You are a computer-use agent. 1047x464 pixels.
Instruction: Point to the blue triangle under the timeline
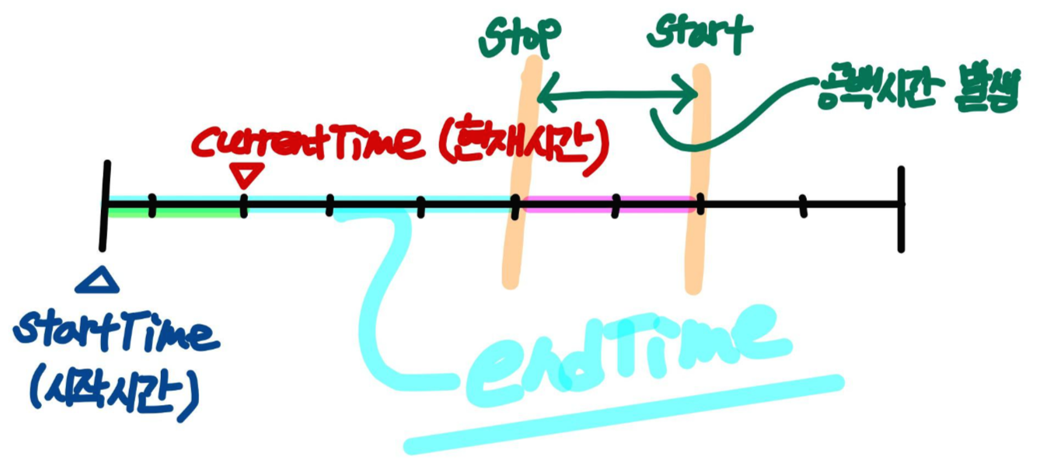(97, 281)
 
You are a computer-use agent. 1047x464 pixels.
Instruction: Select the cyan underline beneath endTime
(622, 414)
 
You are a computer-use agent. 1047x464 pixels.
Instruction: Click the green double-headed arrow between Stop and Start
(619, 96)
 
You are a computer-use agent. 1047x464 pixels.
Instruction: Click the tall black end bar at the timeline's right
(900, 210)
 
